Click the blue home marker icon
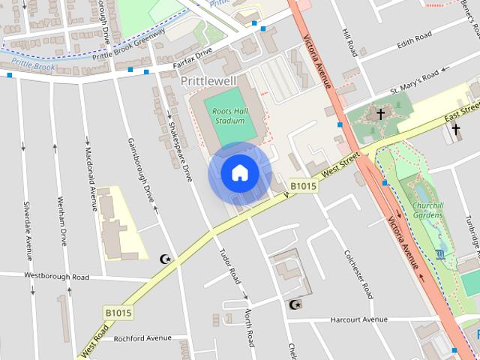[x=239, y=173]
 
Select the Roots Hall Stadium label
[x=229, y=115]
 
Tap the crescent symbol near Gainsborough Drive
[x=165, y=259]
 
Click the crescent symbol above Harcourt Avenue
[x=294, y=304]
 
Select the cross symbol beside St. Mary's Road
[x=380, y=114]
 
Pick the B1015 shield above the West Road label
[x=118, y=311]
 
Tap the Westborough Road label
[x=56, y=277]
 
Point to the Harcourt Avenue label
[x=359, y=320]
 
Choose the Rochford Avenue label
[x=142, y=338]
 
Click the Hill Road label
[x=349, y=43]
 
